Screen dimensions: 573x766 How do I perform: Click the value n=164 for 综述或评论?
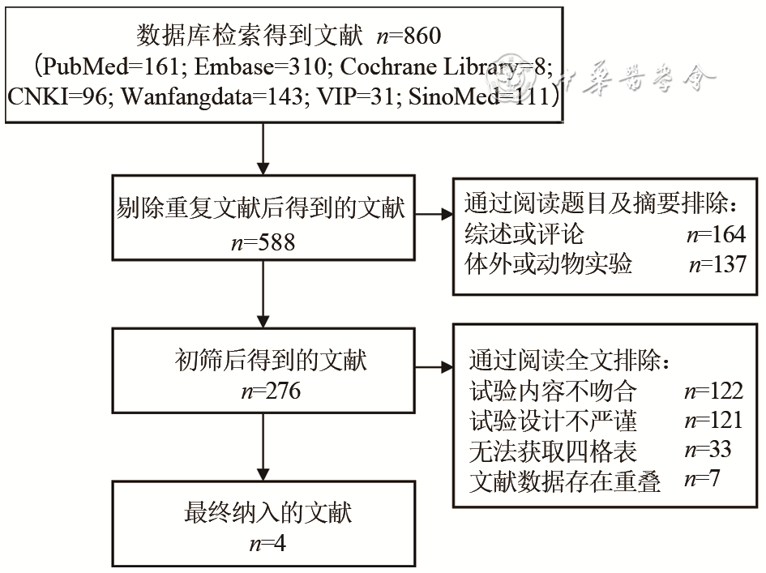(714, 235)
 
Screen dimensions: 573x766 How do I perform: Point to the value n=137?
(717, 265)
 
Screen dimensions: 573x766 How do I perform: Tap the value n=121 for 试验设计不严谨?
(713, 421)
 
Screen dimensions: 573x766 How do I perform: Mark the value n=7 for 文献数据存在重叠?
(701, 480)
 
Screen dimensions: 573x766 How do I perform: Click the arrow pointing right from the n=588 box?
(436, 215)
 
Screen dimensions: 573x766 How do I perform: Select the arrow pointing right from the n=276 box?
(436, 366)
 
